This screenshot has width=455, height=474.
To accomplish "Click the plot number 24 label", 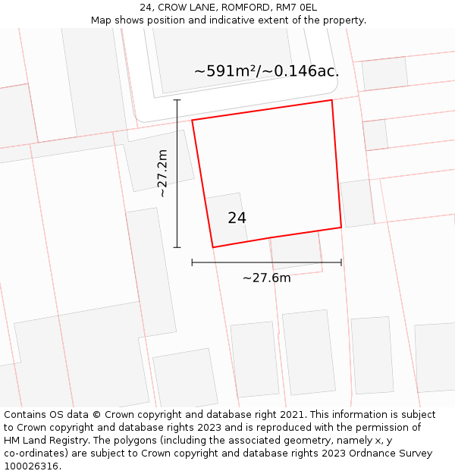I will click(237, 218).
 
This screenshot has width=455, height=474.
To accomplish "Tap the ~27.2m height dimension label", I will click(162, 174).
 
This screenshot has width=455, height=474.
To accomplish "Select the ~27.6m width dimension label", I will click(266, 278).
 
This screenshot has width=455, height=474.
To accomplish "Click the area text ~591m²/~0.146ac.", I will click(266, 71).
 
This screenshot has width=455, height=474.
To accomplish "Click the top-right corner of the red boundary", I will click(332, 100).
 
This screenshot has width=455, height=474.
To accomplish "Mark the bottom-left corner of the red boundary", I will click(212, 247).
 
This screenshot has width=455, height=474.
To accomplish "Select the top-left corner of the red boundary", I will click(192, 120).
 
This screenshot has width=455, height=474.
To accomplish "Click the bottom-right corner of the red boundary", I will click(341, 227).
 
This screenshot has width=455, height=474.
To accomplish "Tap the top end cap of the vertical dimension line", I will click(177, 100).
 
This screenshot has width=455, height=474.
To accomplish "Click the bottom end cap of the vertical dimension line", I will click(177, 247).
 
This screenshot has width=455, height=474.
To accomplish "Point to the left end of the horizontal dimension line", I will click(193, 262).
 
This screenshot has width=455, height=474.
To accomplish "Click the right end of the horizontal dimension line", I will click(341, 262).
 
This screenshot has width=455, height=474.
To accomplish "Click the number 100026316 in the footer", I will click(30, 466).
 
